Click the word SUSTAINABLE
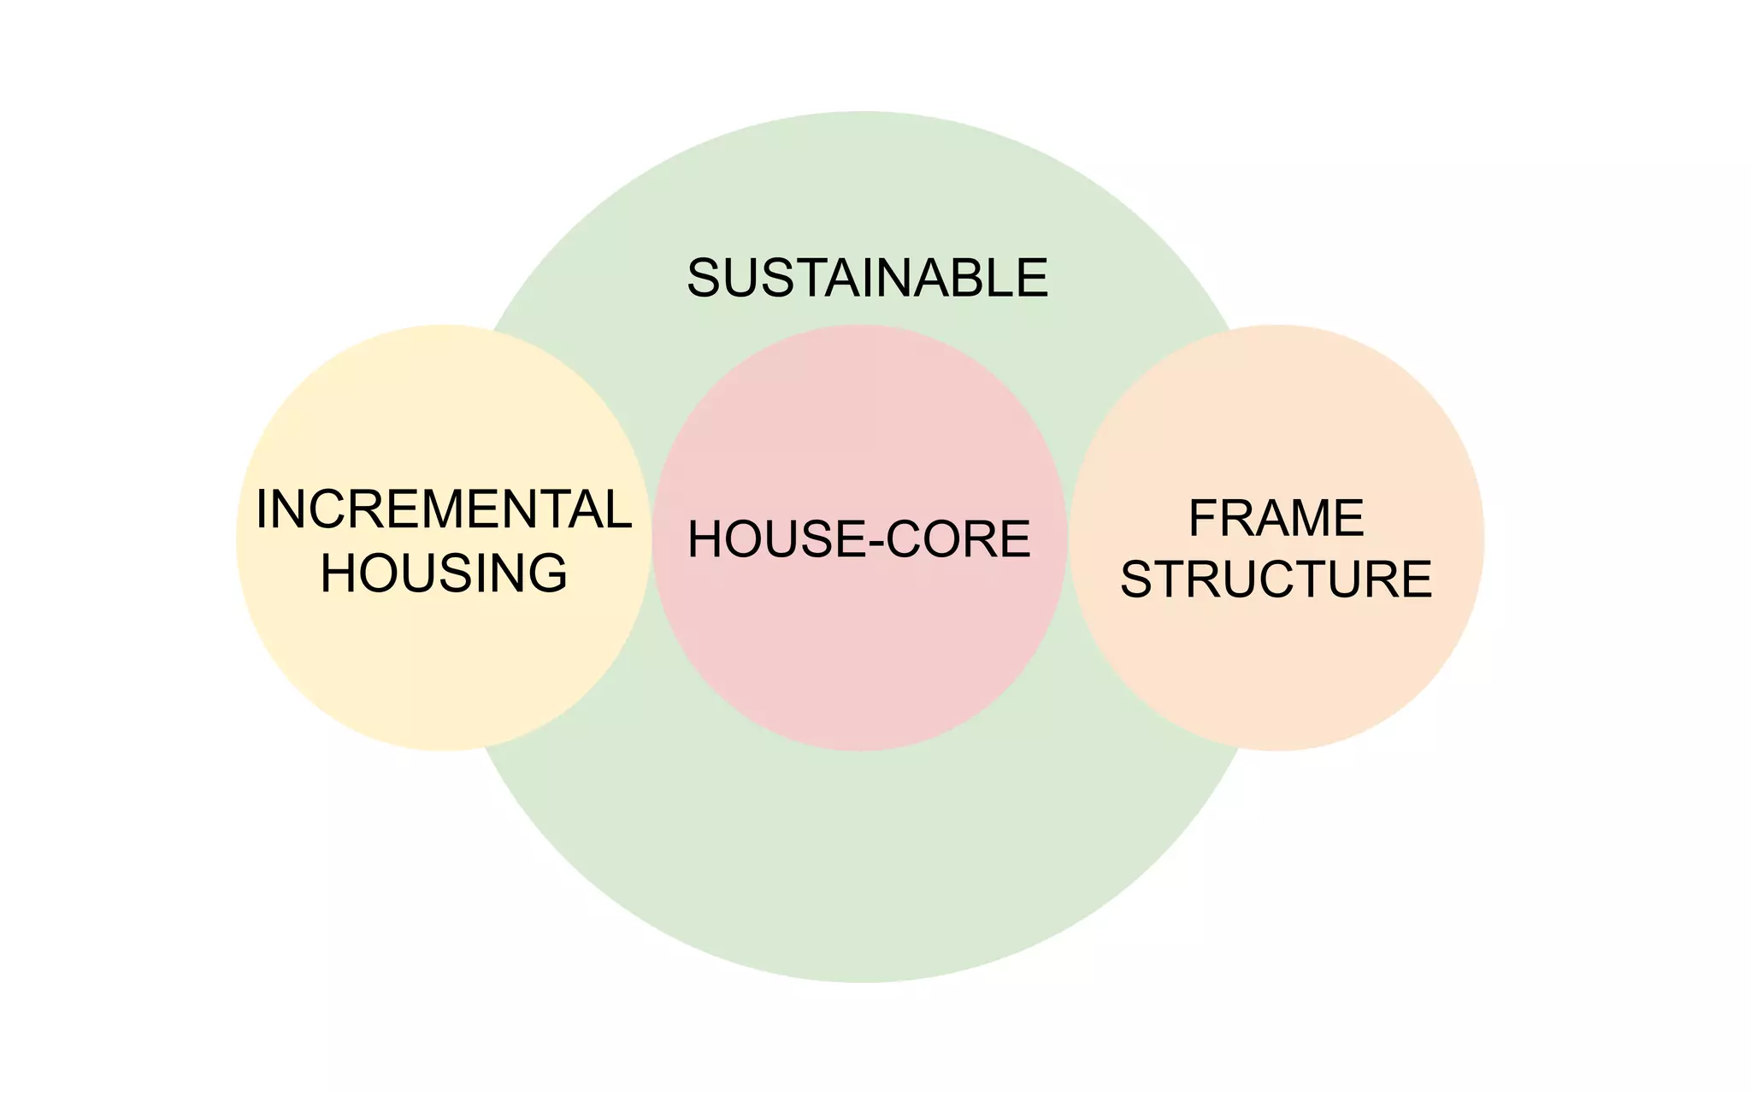pyautogui.click(x=867, y=278)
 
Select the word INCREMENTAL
pyautogui.click(x=443, y=509)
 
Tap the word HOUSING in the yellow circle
pyautogui.click(x=443, y=573)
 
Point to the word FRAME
pyautogui.click(x=1276, y=518)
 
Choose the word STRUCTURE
pyautogui.click(x=1276, y=579)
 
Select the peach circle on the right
pyautogui.click(x=1276, y=675)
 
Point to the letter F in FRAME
pyautogui.click(x=1203, y=518)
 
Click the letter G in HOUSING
pyautogui.click(x=545, y=573)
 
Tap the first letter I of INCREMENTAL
pyautogui.click(x=262, y=509)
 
